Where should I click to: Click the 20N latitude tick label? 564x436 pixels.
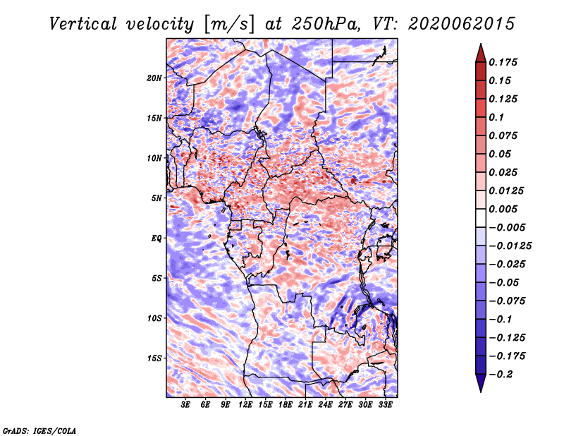154,78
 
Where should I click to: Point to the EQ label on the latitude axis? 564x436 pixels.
156,238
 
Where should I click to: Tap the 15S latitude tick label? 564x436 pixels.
154,358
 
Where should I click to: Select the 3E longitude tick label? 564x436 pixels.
185,404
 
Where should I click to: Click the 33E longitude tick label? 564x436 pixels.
385,404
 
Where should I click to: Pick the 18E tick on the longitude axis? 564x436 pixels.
286,404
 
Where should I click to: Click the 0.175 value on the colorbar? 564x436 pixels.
503,62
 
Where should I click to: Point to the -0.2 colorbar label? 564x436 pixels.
501,375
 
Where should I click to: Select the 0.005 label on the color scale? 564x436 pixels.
503,209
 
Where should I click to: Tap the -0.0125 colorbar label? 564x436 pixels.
510,246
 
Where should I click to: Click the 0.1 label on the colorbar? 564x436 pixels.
496,117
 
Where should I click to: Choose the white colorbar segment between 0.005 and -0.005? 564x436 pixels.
481,218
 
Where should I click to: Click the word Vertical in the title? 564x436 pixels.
83,24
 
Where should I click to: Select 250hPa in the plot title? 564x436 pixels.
326,24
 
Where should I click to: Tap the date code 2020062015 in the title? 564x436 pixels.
462,24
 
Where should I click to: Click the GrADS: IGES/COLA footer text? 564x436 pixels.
39,431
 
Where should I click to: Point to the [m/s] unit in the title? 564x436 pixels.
229,24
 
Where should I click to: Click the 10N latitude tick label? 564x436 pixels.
154,158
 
